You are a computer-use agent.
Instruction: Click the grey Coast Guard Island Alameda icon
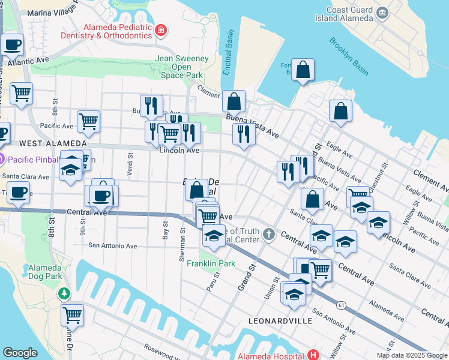coord(382,13)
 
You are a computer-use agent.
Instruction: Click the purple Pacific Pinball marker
coord(2,160)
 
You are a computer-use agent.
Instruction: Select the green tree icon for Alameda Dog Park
coord(63,293)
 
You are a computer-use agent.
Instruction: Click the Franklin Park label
coord(211,263)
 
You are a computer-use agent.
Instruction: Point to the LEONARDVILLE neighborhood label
coord(280,321)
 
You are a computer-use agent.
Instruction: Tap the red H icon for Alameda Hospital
coord(312,355)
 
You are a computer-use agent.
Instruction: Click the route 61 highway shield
coord(341,305)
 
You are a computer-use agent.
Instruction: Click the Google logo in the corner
coord(20,353)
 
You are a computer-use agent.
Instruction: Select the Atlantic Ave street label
coord(29,61)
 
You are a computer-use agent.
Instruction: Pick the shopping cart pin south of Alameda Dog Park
coord(73,314)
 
